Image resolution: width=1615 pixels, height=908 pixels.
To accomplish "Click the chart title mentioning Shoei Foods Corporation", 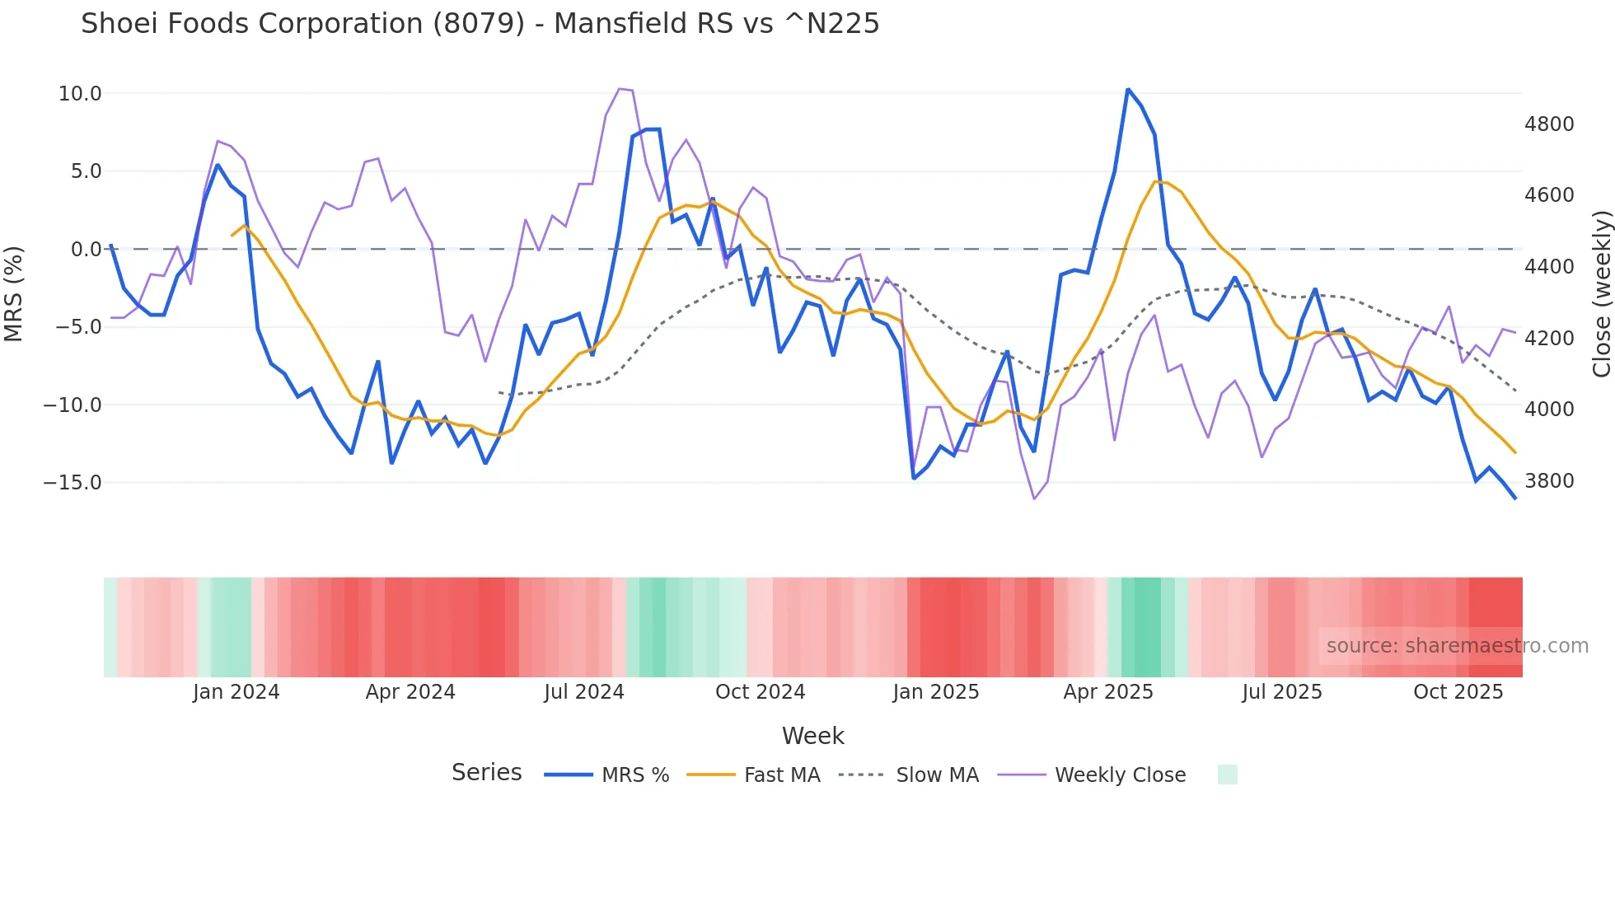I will pos(480,24).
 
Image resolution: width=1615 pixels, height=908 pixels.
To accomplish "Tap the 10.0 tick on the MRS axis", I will pos(80,94).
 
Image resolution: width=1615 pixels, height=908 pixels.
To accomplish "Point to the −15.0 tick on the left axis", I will pos(73,483).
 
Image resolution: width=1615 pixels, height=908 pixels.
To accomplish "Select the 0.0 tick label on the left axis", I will pos(86,250).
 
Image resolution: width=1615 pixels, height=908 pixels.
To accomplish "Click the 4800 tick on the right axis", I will pos(1549,124).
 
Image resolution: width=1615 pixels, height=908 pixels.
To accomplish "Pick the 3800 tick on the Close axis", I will pos(1549,481).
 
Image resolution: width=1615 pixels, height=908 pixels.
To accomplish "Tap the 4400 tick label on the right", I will pos(1549,267).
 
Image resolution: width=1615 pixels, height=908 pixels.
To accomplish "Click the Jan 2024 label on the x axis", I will pos(236,692).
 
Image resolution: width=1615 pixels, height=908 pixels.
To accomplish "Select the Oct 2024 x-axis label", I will pos(760,692).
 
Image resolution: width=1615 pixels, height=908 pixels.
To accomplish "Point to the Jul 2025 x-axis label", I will pos(1282,692).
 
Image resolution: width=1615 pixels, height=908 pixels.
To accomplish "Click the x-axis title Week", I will pos(812,736).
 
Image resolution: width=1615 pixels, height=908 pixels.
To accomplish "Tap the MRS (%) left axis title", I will pos(14,293).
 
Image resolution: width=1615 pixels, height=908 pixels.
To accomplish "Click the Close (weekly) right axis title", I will pos(1601,294).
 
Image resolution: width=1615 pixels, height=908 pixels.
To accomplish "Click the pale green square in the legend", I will pos(1227,775).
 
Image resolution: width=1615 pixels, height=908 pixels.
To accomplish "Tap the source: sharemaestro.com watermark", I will pos(1457,646).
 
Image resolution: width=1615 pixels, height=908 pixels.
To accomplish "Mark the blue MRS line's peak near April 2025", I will pos(1127,90).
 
